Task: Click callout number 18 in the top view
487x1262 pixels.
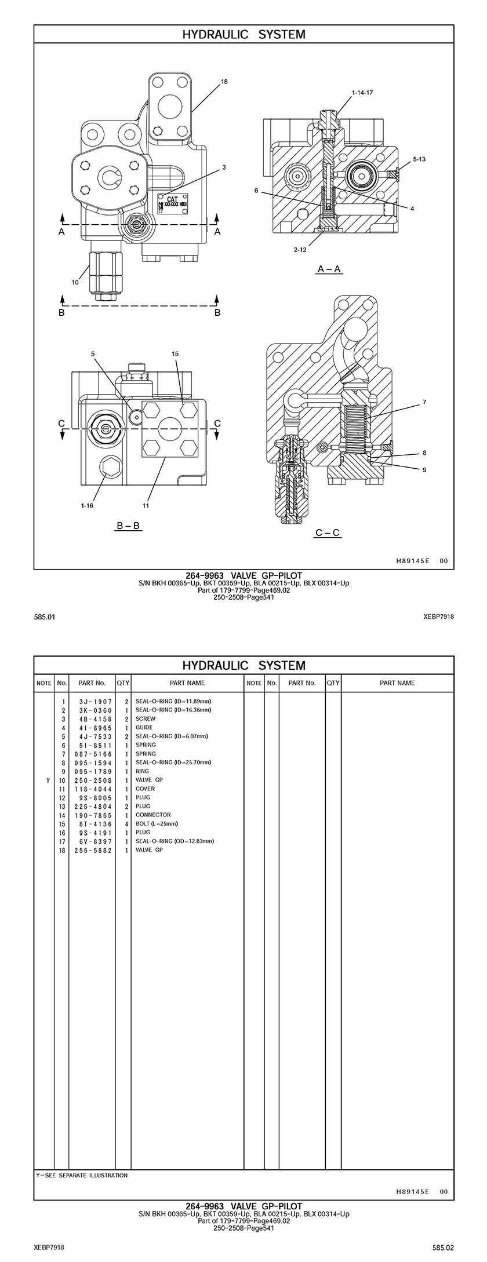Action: coord(224,82)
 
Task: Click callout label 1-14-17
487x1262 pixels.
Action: coord(362,93)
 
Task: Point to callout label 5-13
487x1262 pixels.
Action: coord(419,159)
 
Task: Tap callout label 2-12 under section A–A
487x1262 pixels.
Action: coord(300,250)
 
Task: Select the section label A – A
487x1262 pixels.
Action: coord(329,269)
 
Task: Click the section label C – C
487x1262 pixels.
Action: coord(328,532)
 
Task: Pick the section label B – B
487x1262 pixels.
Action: coord(128,526)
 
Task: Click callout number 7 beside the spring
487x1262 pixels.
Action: coord(424,402)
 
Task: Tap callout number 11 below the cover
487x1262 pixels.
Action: coord(146,505)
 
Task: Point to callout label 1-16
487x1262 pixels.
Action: coord(87,505)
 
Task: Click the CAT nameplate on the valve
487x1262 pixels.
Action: coord(172,202)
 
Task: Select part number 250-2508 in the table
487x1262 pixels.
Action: coord(96,780)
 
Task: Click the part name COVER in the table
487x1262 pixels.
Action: coord(145,789)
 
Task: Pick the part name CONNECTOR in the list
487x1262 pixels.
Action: coord(153,815)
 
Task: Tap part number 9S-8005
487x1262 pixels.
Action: coord(96,797)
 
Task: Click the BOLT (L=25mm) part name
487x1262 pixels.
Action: coord(157,823)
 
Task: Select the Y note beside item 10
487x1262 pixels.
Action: coord(48,780)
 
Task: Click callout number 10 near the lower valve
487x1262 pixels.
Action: coord(75,282)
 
